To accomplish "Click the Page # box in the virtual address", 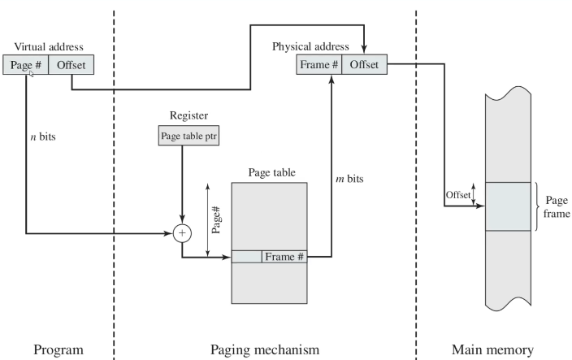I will pyautogui.click(x=25, y=63).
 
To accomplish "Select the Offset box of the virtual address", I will pyautogui.click(x=71, y=63).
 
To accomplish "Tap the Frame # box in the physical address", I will pyautogui.click(x=318, y=63).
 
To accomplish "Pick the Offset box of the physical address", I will pyautogui.click(x=364, y=63).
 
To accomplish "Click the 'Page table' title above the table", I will pyautogui.click(x=270, y=172).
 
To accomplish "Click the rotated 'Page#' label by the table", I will pyautogui.click(x=216, y=219).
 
